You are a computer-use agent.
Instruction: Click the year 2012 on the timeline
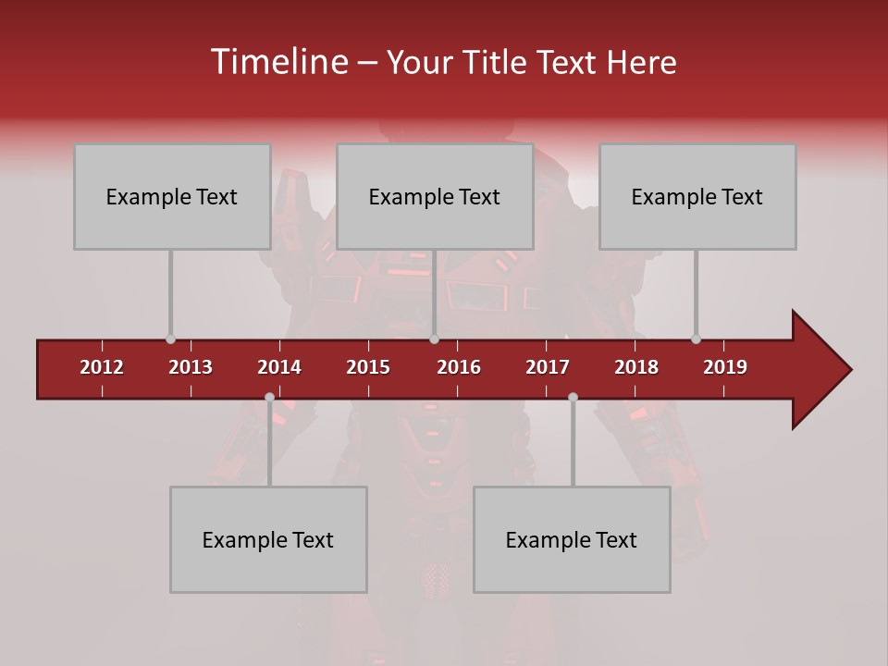102,367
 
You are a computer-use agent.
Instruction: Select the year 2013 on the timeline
191,367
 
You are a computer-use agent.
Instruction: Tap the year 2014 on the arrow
279,367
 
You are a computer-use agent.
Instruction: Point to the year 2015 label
368,367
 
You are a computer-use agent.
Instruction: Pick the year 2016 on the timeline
459,367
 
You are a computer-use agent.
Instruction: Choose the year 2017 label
548,367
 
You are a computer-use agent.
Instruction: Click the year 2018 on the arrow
636,367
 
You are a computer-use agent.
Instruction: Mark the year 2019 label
725,367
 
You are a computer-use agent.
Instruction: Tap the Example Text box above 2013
172,196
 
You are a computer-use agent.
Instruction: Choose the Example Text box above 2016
435,196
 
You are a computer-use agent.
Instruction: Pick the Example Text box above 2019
697,196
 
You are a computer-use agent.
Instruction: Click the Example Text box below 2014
268,539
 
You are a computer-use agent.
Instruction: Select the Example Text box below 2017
572,539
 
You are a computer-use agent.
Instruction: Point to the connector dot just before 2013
170,339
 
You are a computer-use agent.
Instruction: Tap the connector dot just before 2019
696,339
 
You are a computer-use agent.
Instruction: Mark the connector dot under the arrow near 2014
269,398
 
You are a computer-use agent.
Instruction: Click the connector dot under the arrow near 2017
573,398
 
